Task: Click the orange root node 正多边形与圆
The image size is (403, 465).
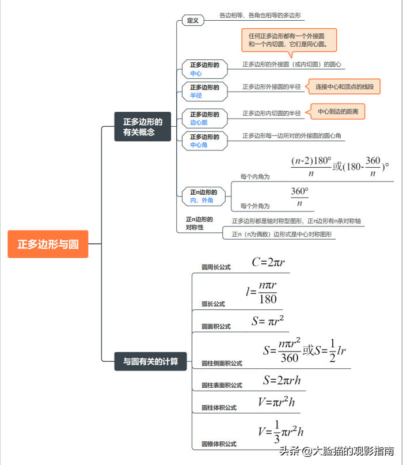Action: click(x=48, y=244)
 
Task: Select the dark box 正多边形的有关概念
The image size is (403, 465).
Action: click(x=143, y=127)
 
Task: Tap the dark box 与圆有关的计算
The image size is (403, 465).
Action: click(x=150, y=361)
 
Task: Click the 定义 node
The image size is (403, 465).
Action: click(x=193, y=21)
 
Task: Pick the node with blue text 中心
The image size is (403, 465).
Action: click(x=205, y=69)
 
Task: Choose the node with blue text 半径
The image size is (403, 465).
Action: click(x=205, y=92)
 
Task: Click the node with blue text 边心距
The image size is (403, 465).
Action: click(x=205, y=118)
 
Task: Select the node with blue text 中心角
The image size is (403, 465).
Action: click(x=205, y=141)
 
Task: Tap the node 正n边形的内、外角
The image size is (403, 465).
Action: click(x=204, y=196)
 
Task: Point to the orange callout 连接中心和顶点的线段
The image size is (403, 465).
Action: click(x=344, y=86)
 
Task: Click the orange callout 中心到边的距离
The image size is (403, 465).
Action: click(x=338, y=112)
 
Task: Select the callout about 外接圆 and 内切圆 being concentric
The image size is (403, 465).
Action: click(x=289, y=41)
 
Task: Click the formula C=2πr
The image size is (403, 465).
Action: click(x=268, y=262)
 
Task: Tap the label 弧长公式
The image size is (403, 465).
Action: click(x=214, y=304)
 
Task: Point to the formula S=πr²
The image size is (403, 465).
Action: click(x=268, y=320)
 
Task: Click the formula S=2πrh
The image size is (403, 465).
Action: click(x=282, y=380)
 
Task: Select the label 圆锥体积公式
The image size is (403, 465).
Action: click(x=219, y=444)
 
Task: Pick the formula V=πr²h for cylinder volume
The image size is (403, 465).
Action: click(x=276, y=402)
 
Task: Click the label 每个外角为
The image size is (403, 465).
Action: click(x=255, y=206)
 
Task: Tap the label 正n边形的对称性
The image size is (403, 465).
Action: click(x=199, y=224)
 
